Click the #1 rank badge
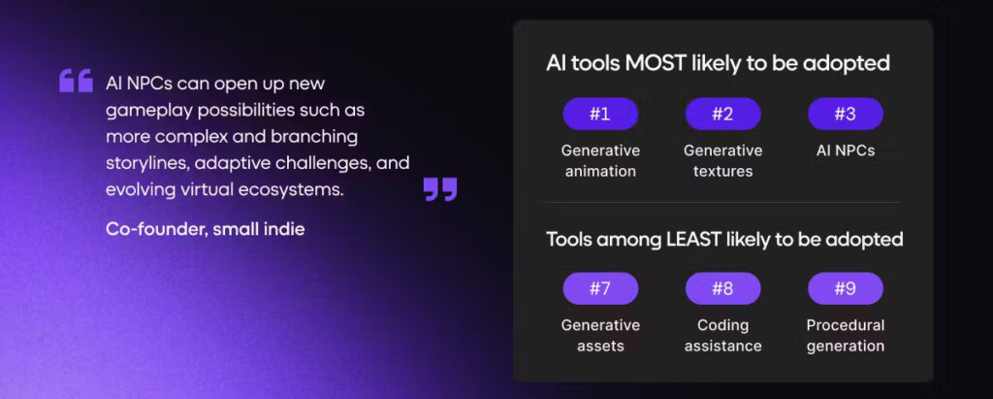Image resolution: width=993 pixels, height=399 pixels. coord(600,115)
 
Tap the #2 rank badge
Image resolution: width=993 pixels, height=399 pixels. coord(722,115)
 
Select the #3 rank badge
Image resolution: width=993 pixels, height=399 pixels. coord(846,115)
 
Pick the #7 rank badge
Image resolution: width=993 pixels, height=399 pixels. coord(600,288)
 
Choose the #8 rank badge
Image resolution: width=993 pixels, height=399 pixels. coord(722,288)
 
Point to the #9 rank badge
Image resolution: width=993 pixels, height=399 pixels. coord(846,288)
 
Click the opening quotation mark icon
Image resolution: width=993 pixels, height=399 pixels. coord(76,81)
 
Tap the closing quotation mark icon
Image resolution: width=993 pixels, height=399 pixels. coord(440,189)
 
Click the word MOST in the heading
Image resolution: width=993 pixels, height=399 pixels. coord(656,63)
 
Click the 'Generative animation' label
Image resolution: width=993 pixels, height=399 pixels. coord(600,161)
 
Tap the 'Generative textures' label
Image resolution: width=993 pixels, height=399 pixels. coord(722,161)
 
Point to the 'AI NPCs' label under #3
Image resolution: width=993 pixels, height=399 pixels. coord(846,151)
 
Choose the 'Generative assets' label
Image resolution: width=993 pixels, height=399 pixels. coord(600,336)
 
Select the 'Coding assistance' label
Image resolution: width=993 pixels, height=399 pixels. coord(722,336)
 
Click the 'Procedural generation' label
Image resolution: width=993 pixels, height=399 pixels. coord(846,336)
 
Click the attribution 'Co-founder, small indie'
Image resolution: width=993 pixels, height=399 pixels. coord(206,229)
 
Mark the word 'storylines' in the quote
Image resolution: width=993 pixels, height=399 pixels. coord(148,164)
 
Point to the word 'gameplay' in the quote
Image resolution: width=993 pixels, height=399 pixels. coord(149,111)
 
